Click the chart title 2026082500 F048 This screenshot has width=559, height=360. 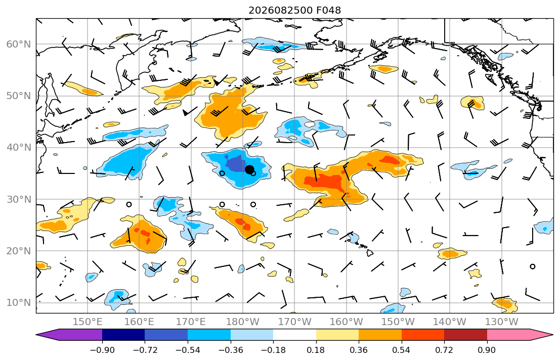click(x=294, y=10)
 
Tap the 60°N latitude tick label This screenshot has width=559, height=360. click(x=19, y=44)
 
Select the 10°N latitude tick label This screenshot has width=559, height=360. click(x=19, y=303)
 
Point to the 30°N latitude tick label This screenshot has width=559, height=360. click(x=19, y=199)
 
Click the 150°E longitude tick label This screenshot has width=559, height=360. click(x=88, y=322)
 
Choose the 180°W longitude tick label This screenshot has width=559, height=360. click(x=243, y=322)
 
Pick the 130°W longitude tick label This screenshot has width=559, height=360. click(x=502, y=322)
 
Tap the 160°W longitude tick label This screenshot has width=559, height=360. click(x=347, y=322)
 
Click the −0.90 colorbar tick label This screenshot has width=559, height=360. click(x=102, y=350)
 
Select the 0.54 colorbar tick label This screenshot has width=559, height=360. click(x=402, y=350)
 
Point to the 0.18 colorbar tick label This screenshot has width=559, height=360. click(x=316, y=350)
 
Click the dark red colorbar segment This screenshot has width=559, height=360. click(x=465, y=335)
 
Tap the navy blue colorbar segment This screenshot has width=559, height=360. click(x=123, y=335)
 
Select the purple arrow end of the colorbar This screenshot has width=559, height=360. click(x=69, y=335)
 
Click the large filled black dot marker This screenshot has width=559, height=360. click(x=249, y=169)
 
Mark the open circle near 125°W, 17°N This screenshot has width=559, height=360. click(x=533, y=266)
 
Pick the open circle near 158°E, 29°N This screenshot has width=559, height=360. click(x=129, y=204)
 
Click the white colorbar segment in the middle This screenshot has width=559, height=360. click(x=294, y=335)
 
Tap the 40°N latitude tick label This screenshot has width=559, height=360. click(x=19, y=148)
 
